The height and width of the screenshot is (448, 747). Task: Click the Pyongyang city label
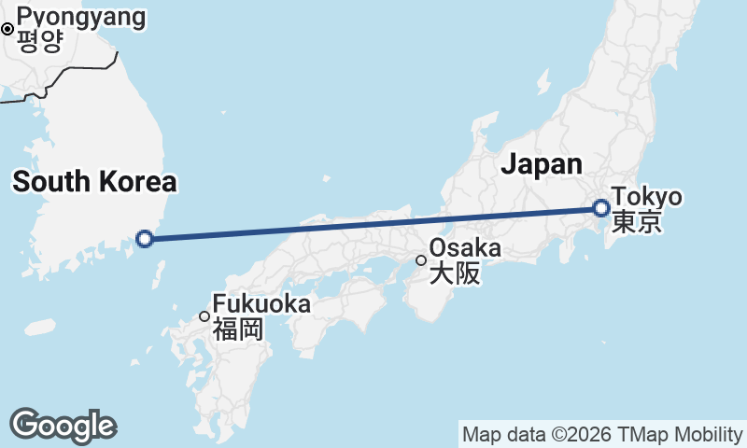click(x=81, y=17)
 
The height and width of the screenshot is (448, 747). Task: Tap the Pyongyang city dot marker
click(x=7, y=29)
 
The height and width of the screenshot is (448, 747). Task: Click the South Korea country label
click(x=94, y=182)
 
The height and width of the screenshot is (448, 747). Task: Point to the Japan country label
click(x=542, y=164)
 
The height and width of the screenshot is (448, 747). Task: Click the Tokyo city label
click(x=647, y=198)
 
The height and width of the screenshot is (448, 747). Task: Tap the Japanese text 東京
click(x=637, y=221)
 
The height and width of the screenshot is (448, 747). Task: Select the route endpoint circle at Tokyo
click(x=602, y=208)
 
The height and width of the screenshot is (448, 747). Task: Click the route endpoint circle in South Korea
click(x=145, y=239)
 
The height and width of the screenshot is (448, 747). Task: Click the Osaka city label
click(x=465, y=249)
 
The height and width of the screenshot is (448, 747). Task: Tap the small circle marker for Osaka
click(x=421, y=259)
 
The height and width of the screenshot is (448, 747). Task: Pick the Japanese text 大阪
click(x=454, y=273)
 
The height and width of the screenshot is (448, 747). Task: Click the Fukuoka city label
click(x=261, y=304)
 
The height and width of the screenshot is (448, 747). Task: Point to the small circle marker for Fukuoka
click(x=204, y=316)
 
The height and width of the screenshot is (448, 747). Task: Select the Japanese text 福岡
click(x=238, y=329)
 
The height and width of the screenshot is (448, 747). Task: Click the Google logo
click(x=63, y=426)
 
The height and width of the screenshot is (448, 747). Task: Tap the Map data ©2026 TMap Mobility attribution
click(x=603, y=435)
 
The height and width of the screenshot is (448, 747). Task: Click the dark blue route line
click(x=373, y=224)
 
